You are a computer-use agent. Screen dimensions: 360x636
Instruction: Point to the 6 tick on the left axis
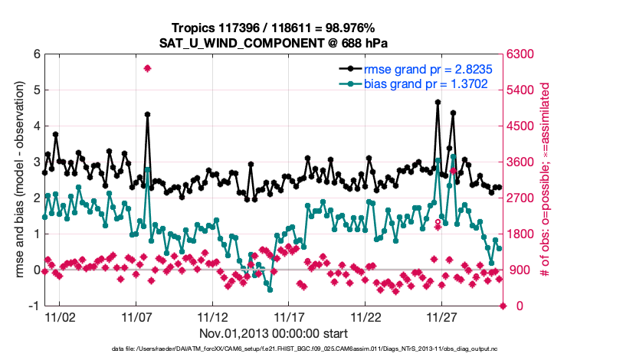pos(36,54)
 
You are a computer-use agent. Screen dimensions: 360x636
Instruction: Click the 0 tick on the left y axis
pos(36,270)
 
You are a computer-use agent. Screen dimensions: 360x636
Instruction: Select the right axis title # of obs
pos(546,180)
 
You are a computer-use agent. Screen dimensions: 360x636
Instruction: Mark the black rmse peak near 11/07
pos(147,114)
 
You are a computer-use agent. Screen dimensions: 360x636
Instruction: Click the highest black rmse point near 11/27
pos(438,102)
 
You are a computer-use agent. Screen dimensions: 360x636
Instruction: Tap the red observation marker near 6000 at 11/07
pos(147,68)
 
